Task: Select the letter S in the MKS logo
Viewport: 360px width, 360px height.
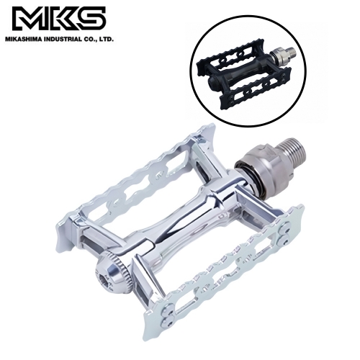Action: click(x=91, y=19)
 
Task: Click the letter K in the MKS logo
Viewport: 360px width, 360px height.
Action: click(x=58, y=19)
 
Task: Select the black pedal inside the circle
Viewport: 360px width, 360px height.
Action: click(x=248, y=81)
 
